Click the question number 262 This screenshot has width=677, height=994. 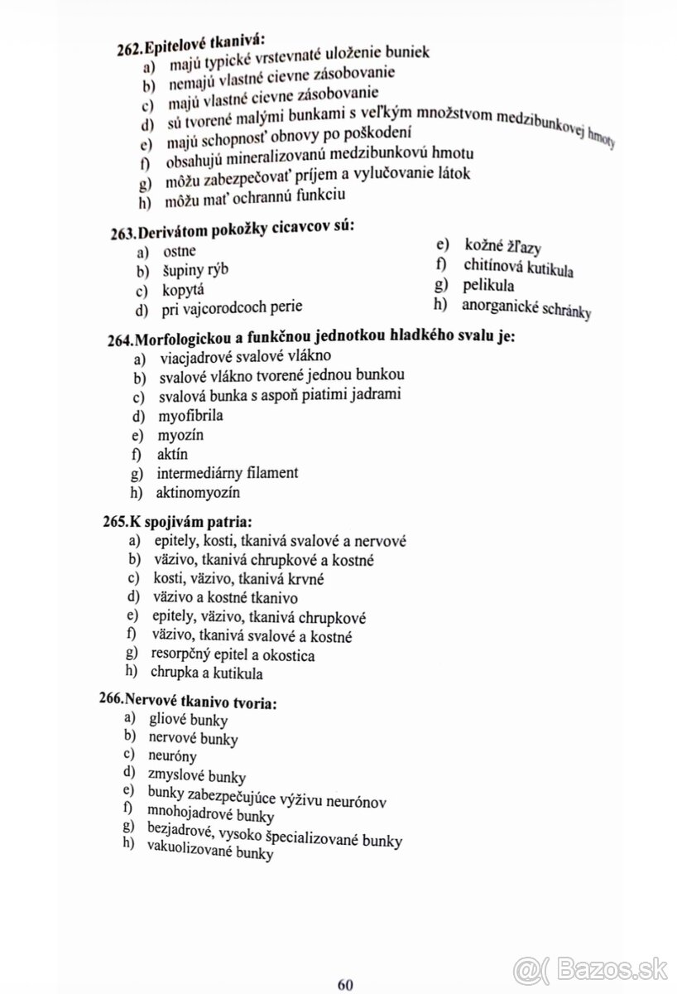pos(131,49)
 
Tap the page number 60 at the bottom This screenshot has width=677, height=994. pos(346,962)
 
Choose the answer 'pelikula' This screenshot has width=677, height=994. pos(489,286)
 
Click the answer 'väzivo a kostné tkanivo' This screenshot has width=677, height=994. pos(225,597)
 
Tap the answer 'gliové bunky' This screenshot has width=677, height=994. pos(181,718)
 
